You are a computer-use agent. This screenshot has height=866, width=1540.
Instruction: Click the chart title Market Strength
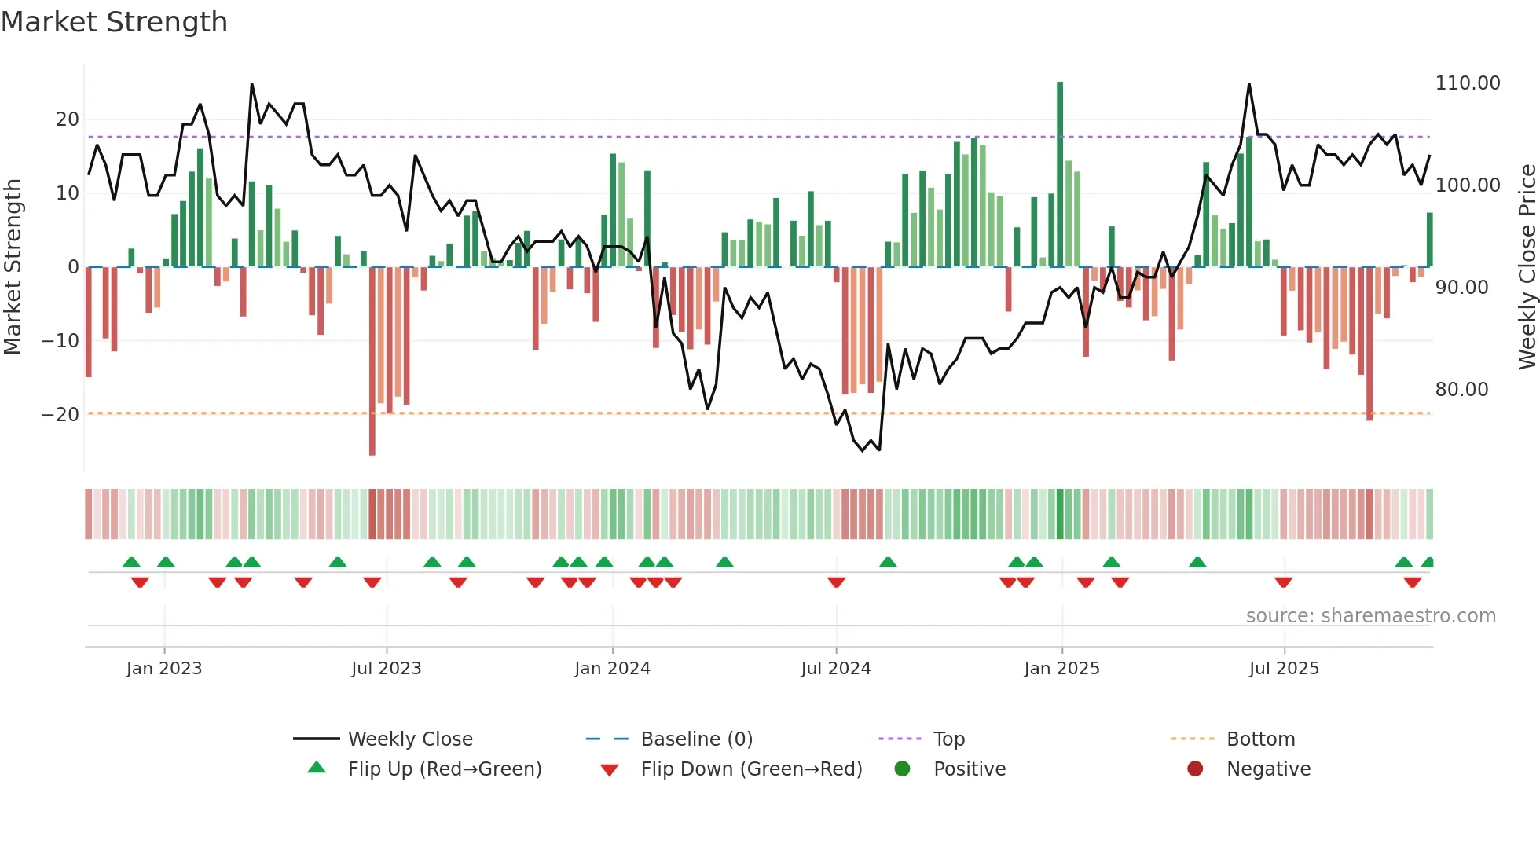tap(114, 21)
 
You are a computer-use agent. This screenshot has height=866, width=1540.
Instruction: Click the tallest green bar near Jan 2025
tap(1060, 173)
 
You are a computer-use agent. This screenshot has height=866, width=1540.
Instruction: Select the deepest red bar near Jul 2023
tap(372, 361)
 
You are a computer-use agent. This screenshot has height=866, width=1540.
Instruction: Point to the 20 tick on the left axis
tap(68, 119)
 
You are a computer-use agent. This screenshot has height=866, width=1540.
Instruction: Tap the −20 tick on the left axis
tap(61, 414)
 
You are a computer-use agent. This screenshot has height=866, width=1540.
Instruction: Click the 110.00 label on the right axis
tap(1467, 83)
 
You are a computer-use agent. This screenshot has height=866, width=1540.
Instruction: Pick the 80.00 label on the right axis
tap(1461, 390)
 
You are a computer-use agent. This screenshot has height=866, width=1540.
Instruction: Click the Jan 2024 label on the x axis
tap(612, 669)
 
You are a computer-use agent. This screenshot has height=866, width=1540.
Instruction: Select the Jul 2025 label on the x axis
tap(1284, 669)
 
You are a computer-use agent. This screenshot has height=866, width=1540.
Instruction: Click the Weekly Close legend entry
tap(409, 739)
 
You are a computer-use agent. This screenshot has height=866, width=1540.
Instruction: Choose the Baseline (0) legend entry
tap(696, 739)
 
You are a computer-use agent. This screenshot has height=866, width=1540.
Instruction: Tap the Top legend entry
tap(948, 739)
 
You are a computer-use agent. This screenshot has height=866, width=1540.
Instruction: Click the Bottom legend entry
tap(1260, 739)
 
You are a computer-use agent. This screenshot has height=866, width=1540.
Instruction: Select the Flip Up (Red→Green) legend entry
tap(444, 769)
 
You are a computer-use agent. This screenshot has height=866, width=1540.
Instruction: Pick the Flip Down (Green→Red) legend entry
tap(750, 769)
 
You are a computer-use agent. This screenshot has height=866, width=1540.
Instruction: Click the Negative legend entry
tap(1267, 769)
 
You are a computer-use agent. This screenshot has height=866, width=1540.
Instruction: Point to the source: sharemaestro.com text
tap(1370, 616)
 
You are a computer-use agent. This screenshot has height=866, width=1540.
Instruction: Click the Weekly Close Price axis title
tap(1527, 267)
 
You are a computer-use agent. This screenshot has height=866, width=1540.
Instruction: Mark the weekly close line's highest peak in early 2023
tap(252, 84)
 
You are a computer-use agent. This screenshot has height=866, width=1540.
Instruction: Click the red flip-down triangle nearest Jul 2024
tap(836, 582)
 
